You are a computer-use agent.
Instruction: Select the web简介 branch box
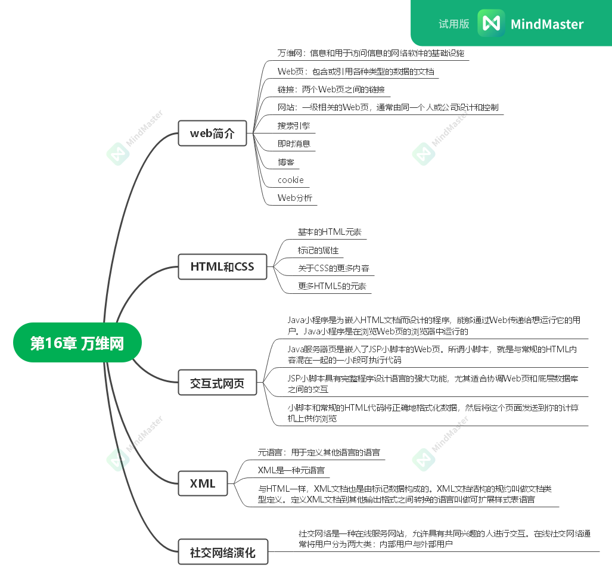tap(213, 134)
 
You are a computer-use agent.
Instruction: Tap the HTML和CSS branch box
tap(222, 267)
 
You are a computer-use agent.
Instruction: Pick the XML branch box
tap(203, 483)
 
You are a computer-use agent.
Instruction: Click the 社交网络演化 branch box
tap(223, 553)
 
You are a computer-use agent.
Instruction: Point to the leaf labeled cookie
tap(291, 180)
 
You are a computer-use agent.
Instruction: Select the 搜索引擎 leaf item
tap(293, 126)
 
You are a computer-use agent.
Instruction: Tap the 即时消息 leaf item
tap(293, 144)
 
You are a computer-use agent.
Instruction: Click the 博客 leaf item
tap(285, 162)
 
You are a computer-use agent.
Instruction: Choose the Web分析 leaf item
tap(294, 198)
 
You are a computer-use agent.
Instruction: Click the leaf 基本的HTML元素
tap(330, 232)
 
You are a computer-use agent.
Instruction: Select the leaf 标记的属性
tap(318, 250)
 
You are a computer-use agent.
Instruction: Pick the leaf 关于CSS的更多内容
tap(334, 268)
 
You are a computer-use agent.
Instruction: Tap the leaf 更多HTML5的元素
tap(332, 286)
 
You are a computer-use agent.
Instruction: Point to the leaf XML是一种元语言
tap(291, 470)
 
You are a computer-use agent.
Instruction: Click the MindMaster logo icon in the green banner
tap(491, 23)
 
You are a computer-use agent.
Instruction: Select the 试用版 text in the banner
tap(453, 24)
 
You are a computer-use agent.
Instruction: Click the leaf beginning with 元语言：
tap(319, 452)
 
